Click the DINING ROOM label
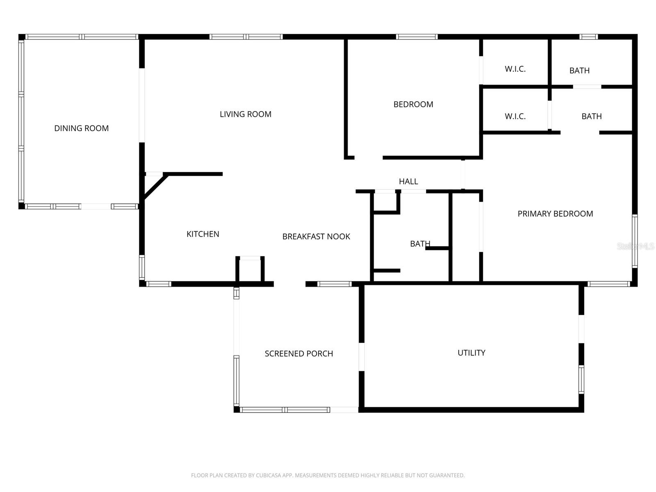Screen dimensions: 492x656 (82, 128)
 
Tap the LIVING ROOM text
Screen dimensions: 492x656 (245, 114)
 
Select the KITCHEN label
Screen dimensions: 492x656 (203, 234)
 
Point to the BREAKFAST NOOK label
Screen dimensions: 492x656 (316, 237)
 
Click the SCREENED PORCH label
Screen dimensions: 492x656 (298, 354)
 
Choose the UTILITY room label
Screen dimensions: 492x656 (471, 353)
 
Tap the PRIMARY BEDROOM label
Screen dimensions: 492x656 (555, 214)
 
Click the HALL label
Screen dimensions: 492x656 (408, 181)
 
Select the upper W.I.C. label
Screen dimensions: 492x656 (515, 69)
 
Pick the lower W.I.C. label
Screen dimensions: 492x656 (515, 116)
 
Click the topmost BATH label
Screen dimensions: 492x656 (579, 71)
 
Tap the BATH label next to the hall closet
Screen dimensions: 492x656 (420, 244)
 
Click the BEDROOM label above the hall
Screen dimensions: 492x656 (413, 105)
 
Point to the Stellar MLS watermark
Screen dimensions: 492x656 (635, 246)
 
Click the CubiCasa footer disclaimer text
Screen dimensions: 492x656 (328, 476)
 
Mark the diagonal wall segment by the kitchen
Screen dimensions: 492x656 (154, 187)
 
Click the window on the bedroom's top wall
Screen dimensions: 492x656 (417, 37)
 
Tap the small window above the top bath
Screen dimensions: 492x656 (588, 37)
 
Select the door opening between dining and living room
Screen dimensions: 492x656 (142, 105)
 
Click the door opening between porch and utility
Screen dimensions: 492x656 (362, 357)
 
